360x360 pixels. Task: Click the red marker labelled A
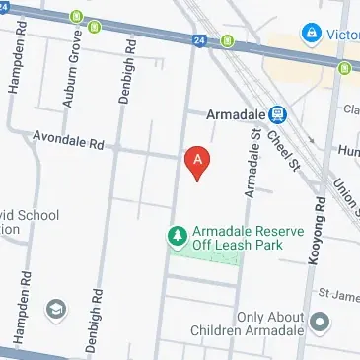coord(197,161)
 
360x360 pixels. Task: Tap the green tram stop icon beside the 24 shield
coord(228,41)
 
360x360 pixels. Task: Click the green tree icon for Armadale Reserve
coord(177,236)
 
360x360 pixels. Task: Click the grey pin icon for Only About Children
coord(319,322)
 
